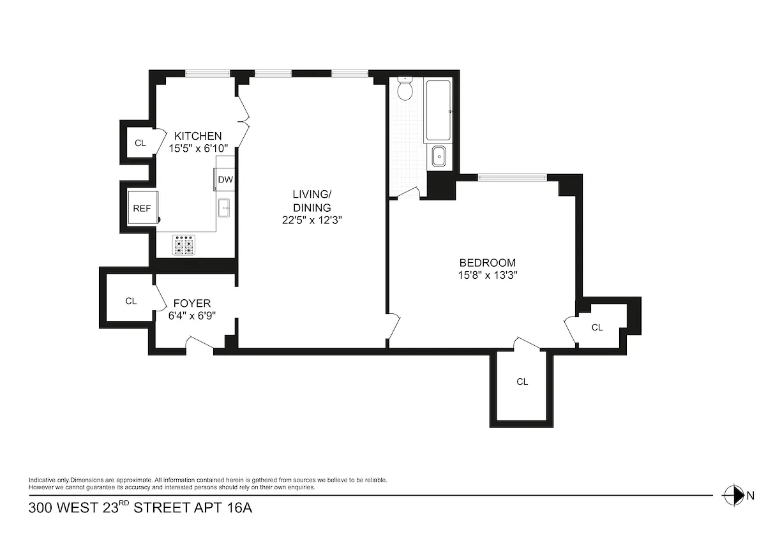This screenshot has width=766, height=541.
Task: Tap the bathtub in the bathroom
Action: (x=438, y=110)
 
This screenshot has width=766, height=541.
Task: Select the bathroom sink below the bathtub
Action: (x=439, y=156)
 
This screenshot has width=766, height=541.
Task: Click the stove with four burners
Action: (x=184, y=245)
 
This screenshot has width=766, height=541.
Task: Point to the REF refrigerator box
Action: (x=142, y=208)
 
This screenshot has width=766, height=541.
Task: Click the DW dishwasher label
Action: (x=225, y=179)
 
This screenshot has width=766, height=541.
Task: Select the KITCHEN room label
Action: (x=198, y=136)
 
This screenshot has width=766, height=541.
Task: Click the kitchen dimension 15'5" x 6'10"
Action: (x=198, y=148)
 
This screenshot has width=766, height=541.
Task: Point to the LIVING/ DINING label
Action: (x=312, y=200)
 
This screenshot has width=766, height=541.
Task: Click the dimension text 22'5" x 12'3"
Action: (x=312, y=220)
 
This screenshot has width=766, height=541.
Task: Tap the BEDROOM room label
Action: (x=488, y=263)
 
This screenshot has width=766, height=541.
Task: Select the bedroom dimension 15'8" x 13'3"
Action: (x=488, y=276)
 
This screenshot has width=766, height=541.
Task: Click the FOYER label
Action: (x=191, y=303)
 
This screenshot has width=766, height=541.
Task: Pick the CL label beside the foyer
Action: (x=131, y=300)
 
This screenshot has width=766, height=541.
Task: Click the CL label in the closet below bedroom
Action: (x=522, y=382)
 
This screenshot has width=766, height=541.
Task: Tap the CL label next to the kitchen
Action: (x=140, y=143)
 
